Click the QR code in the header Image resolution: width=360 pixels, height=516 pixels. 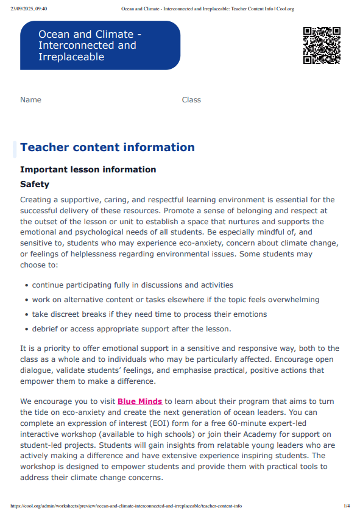coord(322,45)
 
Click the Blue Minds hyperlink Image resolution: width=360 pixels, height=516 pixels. coord(139,401)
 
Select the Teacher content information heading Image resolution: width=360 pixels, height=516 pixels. coord(107,147)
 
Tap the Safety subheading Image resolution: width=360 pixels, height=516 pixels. coord(35,184)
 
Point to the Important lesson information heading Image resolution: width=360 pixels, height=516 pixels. coord(88,169)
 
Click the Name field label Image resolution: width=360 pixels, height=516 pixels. coord(30,100)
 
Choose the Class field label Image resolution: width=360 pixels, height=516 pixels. coord(191,100)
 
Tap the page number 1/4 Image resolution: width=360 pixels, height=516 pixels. coord(347,506)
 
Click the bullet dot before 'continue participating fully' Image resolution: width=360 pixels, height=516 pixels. coord(26,285)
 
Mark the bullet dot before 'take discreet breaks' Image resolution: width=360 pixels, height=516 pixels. coord(26,314)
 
